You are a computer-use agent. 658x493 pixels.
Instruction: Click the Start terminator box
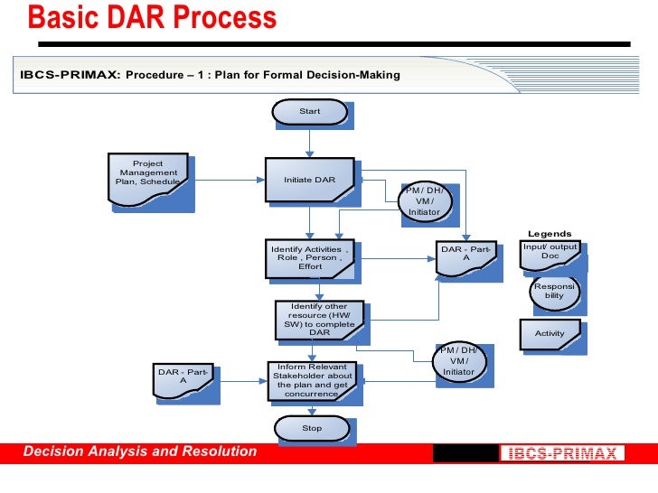[x=309, y=111]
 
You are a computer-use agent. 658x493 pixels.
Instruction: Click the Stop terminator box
[x=311, y=428]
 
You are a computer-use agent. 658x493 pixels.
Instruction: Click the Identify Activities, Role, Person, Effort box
[x=309, y=257]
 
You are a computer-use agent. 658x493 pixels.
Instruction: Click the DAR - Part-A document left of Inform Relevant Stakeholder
[x=183, y=377]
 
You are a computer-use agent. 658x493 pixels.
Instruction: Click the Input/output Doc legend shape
[x=550, y=252]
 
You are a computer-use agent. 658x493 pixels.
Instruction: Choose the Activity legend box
[x=550, y=333]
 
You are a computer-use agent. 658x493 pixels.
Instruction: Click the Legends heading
[x=550, y=234]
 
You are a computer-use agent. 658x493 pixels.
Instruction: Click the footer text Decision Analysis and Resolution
[x=139, y=451]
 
